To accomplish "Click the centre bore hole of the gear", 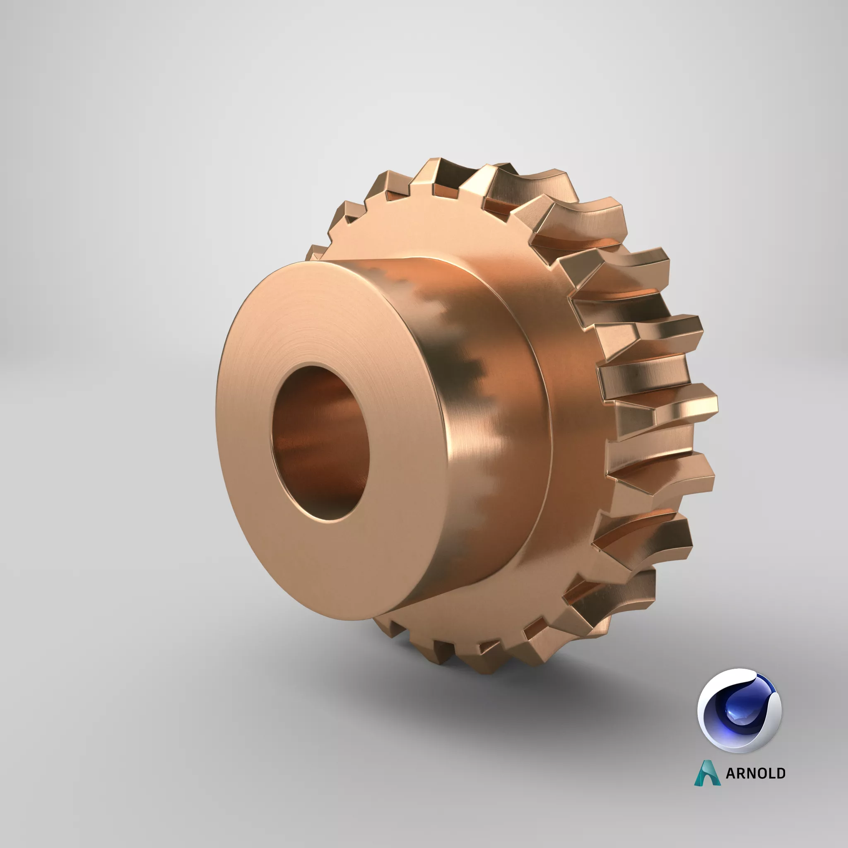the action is (320, 443).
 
